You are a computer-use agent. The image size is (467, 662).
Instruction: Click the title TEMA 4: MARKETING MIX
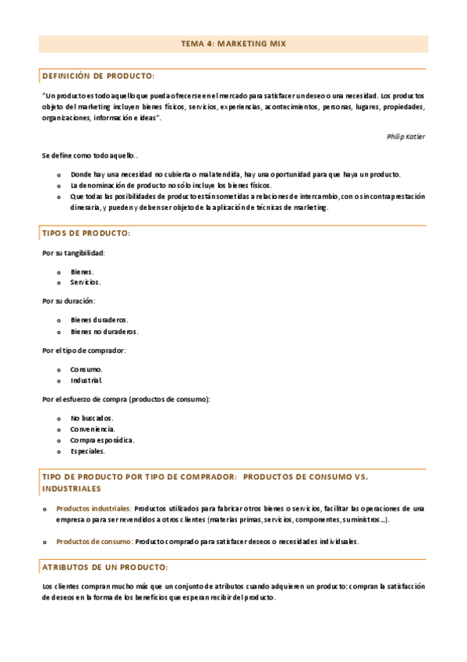[x=233, y=44]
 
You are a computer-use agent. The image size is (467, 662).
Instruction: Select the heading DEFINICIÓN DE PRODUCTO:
[x=98, y=77]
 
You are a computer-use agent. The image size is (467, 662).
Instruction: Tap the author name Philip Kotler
[x=405, y=136]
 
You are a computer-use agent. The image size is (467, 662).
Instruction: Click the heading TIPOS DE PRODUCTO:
[x=86, y=233]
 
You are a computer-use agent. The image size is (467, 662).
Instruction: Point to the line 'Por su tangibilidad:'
[x=73, y=253]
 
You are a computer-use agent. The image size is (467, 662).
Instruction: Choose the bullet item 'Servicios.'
[x=85, y=282]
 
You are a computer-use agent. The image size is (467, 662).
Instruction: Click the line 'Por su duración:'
[x=68, y=301]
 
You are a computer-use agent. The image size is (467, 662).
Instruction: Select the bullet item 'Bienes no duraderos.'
[x=104, y=331]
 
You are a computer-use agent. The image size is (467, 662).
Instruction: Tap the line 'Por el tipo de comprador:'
[x=83, y=350]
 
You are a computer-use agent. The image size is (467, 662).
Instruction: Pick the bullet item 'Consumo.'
[x=86, y=369]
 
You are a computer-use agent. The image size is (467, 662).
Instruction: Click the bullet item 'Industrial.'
[x=87, y=380]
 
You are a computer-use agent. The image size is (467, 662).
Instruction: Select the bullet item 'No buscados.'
[x=92, y=418]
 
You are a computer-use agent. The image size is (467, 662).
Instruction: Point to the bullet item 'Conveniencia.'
[x=93, y=429]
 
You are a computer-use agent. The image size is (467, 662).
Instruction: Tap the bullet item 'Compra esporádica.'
[x=102, y=440]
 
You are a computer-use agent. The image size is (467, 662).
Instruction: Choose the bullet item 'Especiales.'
[x=87, y=451]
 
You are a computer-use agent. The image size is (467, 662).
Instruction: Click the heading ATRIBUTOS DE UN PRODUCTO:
[x=104, y=567]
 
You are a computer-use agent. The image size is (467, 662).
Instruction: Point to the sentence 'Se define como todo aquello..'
[x=90, y=155]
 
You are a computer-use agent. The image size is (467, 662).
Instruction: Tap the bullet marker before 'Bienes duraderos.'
[x=59, y=320]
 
